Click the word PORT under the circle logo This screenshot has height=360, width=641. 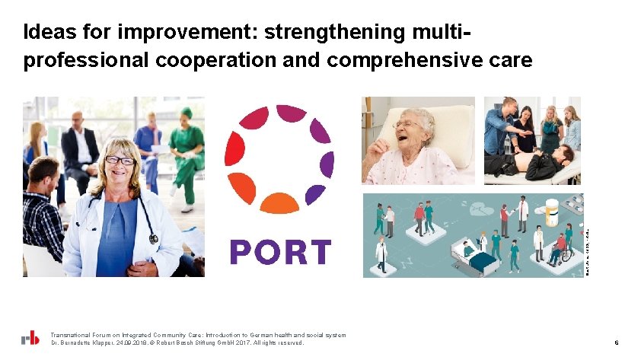click(x=280, y=252)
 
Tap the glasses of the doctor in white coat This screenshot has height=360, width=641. click(x=120, y=161)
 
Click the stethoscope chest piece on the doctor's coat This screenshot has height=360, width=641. click(x=153, y=238)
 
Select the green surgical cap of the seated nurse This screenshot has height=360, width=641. click(x=187, y=113)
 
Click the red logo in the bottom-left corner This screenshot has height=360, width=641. click(x=30, y=339)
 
